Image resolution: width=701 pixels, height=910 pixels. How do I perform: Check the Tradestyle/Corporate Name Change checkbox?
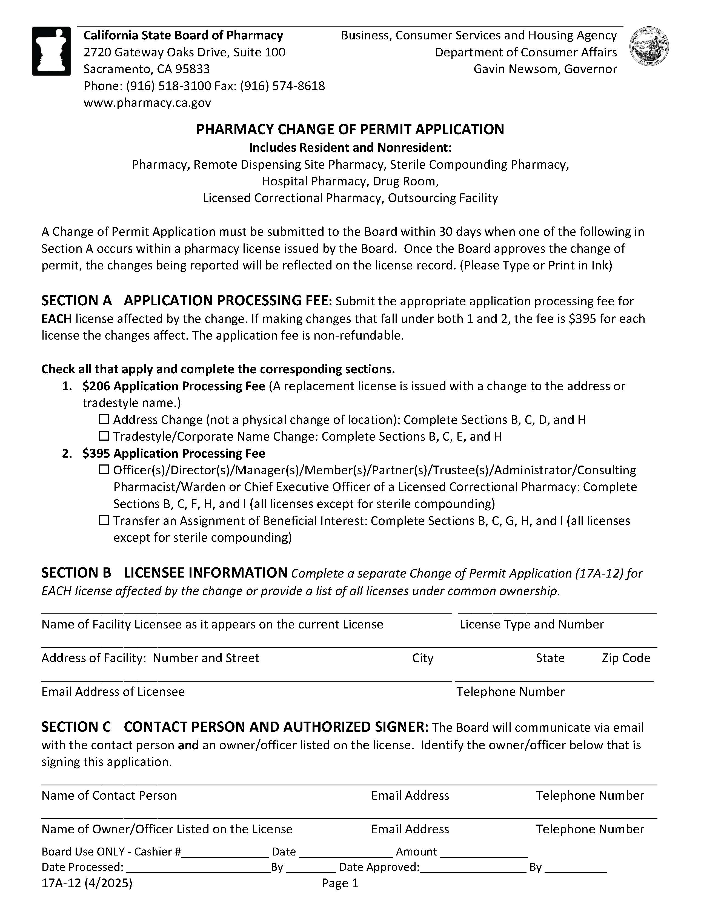104,436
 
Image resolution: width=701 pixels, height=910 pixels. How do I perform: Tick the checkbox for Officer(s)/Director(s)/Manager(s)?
104,470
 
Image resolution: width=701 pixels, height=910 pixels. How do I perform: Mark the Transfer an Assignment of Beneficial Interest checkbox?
104,520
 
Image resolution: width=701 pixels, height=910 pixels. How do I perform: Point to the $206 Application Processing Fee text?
173,386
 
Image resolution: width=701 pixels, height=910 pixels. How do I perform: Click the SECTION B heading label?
76,573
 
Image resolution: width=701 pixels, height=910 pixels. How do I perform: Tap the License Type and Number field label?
531,624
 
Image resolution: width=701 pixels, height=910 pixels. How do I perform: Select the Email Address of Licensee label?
113,692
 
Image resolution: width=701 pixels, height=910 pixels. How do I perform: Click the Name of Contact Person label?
109,796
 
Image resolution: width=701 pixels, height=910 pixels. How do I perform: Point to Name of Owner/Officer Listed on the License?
167,829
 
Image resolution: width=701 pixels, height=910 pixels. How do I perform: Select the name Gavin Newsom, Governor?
545,69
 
